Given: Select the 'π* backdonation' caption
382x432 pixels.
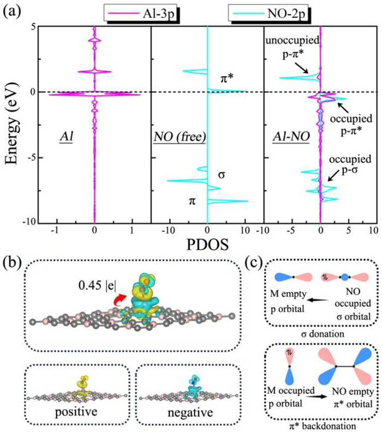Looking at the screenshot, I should (x=316, y=422).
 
